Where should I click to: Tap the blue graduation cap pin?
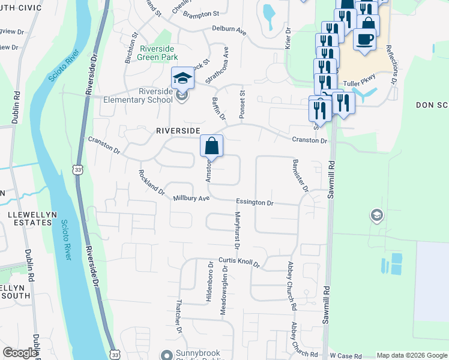tap(183, 77)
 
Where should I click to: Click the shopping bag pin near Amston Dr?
tap(211, 146)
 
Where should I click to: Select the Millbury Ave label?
tap(191, 198)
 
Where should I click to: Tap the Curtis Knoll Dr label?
tap(238, 262)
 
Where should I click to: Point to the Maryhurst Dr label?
tap(237, 230)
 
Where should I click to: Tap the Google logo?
tap(20, 353)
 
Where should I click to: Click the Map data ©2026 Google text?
tap(411, 355)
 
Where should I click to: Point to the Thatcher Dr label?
tap(179, 316)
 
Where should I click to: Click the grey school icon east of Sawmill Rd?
tap(376, 215)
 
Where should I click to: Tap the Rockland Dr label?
tap(151, 182)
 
